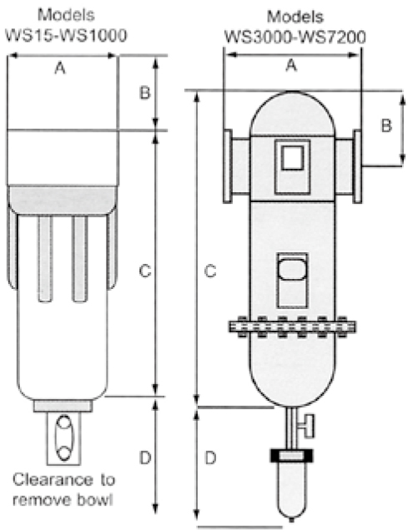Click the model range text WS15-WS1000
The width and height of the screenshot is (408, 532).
point(66,35)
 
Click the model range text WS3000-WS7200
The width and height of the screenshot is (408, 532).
point(295,37)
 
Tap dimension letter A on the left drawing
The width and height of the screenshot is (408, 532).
point(60,68)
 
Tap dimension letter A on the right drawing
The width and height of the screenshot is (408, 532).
point(291,65)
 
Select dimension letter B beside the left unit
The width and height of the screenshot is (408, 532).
point(144,92)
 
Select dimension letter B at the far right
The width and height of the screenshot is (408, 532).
point(386,126)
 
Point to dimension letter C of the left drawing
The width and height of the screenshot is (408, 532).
point(145,271)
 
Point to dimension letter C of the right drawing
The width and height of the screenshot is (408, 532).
point(210,271)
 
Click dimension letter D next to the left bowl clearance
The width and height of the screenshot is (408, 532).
point(145,459)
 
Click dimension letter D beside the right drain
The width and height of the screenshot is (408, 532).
point(210,459)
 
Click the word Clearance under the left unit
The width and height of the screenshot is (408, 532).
point(51,480)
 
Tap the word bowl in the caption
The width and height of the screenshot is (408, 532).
point(97,500)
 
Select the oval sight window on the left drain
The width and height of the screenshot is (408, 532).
point(63,438)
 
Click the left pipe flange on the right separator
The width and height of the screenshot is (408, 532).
point(228,166)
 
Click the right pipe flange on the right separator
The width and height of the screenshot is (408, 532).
point(357,166)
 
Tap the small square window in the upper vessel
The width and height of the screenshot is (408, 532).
point(292,158)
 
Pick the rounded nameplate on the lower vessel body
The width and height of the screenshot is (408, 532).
point(292,270)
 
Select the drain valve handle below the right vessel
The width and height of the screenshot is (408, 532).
point(310,426)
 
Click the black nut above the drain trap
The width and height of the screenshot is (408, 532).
point(291,455)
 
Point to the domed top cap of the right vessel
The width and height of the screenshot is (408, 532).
point(292,113)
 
